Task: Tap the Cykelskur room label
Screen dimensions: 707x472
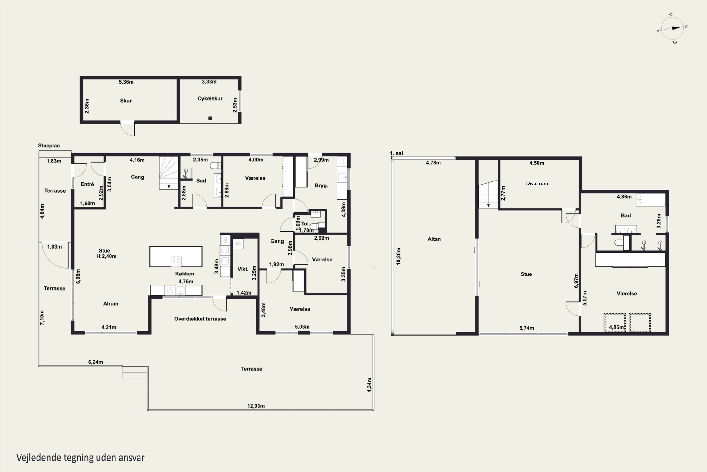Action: tap(210, 99)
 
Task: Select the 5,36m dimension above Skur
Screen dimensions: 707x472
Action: tap(126, 82)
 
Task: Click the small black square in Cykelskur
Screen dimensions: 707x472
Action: tap(210, 118)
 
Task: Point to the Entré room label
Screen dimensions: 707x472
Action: tap(87, 184)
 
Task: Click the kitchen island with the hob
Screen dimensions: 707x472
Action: tap(176, 257)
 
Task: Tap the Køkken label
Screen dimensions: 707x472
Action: tap(185, 274)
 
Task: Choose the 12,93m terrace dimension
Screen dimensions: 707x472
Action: tap(256, 406)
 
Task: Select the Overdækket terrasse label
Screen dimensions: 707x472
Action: tap(200, 319)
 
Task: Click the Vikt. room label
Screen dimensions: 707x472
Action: tap(243, 269)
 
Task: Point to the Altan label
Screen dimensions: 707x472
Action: tap(434, 239)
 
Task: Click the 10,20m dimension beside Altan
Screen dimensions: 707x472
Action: tap(399, 256)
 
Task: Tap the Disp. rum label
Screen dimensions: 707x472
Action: tap(537, 183)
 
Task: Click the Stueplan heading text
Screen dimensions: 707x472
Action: tap(49, 146)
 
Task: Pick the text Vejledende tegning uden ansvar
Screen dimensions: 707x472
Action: tap(81, 458)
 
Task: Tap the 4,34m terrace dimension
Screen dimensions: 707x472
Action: tap(370, 385)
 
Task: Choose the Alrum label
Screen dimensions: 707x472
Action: tap(111, 304)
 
